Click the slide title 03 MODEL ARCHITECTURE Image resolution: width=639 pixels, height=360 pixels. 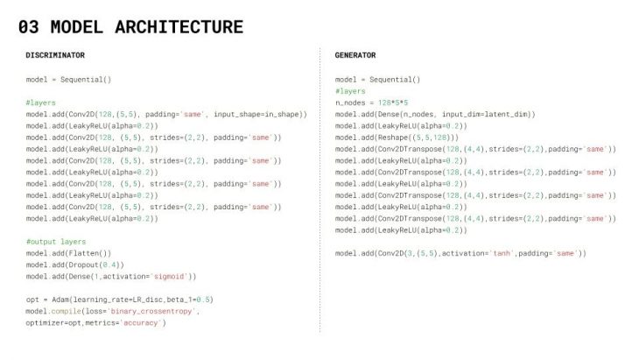pyautogui.click(x=130, y=27)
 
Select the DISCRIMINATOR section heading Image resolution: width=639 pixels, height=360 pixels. pyautogui.click(x=55, y=55)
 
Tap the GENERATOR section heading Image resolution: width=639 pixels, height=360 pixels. pyautogui.click(x=355, y=55)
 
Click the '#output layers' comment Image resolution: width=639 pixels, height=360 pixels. pyautogui.click(x=56, y=241)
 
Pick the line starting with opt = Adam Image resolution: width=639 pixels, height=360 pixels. pyautogui.click(x=120, y=300)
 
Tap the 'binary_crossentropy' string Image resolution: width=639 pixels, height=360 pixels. pyautogui.click(x=162, y=311)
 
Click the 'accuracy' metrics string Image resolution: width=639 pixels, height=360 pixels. pyautogui.click(x=143, y=322)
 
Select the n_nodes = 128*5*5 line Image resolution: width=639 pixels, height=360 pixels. pyautogui.click(x=372, y=102)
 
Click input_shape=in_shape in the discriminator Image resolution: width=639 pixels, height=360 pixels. pyautogui.click(x=261, y=114)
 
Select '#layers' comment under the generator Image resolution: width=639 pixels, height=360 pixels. pyautogui.click(x=350, y=91)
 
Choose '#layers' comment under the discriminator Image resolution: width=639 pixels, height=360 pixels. pyautogui.click(x=41, y=102)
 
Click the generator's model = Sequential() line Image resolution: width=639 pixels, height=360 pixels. pyautogui.click(x=377, y=79)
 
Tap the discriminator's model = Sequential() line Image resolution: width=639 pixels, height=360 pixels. pyautogui.click(x=68, y=79)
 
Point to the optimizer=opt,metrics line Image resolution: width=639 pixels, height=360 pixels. pyautogui.click(x=96, y=322)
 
